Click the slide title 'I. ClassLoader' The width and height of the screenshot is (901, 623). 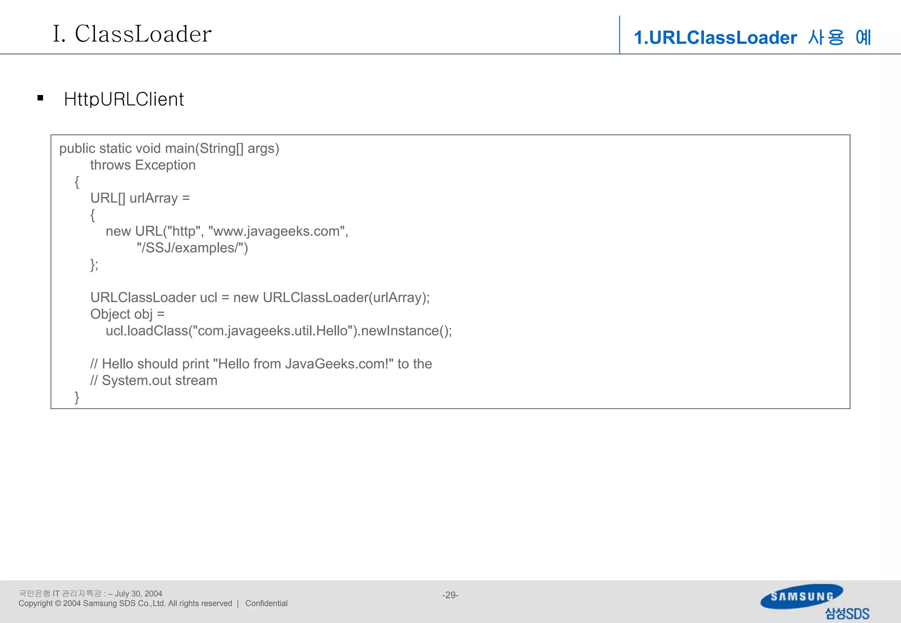tap(132, 34)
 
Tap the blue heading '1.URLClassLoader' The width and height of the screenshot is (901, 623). tap(715, 38)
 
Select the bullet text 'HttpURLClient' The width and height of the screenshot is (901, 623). tap(124, 99)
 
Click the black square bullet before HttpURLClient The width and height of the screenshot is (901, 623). tap(40, 98)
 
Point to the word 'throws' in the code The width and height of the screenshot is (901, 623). tap(110, 165)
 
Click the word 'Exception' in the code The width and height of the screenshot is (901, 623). tap(165, 165)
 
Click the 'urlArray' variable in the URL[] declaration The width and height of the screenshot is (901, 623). tap(154, 198)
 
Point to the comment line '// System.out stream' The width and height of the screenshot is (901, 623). tap(154, 380)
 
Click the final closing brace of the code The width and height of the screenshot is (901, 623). tap(77, 397)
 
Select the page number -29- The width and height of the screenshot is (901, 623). tap(450, 595)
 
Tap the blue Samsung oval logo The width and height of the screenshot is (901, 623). tap(802, 596)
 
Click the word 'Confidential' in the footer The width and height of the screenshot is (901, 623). tap(266, 604)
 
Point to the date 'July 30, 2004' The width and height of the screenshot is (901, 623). tap(139, 594)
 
